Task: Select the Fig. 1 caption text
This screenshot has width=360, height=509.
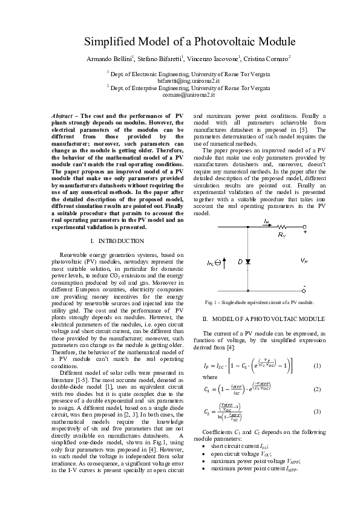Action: [259, 302]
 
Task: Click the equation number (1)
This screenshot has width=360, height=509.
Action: [317, 366]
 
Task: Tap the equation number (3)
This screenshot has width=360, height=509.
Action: [317, 411]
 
